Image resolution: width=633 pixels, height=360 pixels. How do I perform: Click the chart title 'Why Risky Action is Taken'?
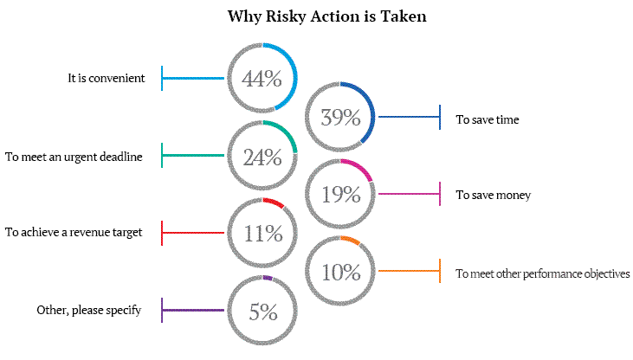click(x=327, y=16)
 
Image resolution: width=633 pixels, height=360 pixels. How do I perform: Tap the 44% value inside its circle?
click(x=262, y=78)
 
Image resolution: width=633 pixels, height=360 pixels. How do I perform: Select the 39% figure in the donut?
click(x=340, y=118)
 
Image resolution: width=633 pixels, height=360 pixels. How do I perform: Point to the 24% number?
click(x=262, y=157)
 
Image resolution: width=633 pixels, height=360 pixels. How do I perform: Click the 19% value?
click(x=340, y=195)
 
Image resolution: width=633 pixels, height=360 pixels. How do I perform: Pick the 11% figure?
click(x=263, y=234)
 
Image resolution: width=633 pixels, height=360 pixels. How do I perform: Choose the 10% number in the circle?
click(x=340, y=272)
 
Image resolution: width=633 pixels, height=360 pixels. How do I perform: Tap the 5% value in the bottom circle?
click(x=263, y=312)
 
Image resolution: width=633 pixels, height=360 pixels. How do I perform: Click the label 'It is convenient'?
click(x=107, y=78)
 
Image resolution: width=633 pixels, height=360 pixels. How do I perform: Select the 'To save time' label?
click(x=488, y=119)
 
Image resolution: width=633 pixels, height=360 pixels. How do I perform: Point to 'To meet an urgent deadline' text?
click(x=74, y=157)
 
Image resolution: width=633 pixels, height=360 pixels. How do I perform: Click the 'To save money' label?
click(x=494, y=195)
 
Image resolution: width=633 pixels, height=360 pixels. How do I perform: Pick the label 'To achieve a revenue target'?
click(x=74, y=232)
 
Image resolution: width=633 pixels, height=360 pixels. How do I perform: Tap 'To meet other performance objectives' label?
click(x=543, y=273)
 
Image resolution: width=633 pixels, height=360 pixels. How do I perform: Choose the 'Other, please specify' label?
click(x=89, y=310)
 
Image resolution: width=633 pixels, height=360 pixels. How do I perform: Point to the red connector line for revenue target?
click(x=193, y=233)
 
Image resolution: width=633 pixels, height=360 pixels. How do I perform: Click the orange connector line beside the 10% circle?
click(x=409, y=271)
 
